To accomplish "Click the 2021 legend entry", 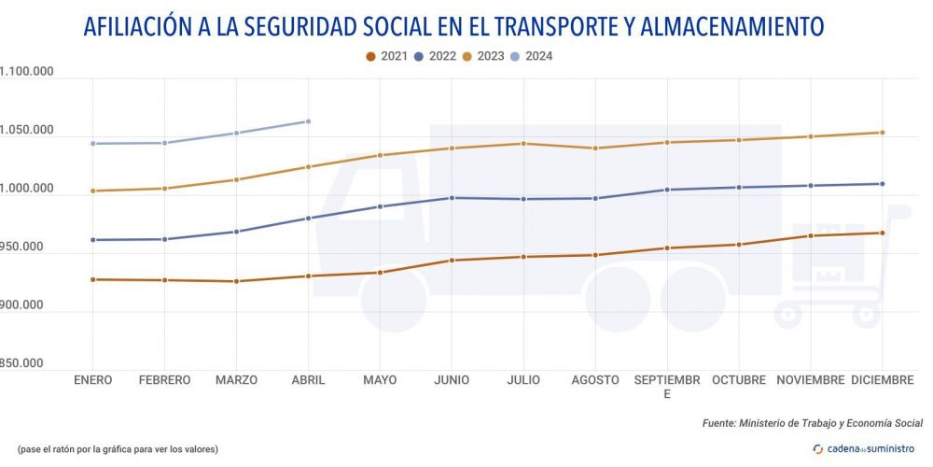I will pos(387,56).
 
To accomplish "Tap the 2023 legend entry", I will pos(482,56).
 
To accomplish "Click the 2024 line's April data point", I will pos(308,121).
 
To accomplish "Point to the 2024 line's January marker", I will pos(92,144).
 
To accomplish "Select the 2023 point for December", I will pos(882,133).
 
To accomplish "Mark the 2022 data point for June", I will pos(452,198).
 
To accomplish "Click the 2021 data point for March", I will pos(236,281).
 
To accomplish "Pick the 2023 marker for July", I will pos(523,144).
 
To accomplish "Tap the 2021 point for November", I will pos(810,235).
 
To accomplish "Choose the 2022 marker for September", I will pos(667,190).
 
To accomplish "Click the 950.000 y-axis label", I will pos(26,247).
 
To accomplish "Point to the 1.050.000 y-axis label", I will pos(26,130).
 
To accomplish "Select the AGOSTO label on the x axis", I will pos(595,380).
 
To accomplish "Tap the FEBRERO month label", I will pos(164,380).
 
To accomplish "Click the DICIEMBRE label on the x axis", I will pos(882,380).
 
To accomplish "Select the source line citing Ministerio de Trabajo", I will pos(812,423).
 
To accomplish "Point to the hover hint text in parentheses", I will pos(118,449).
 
